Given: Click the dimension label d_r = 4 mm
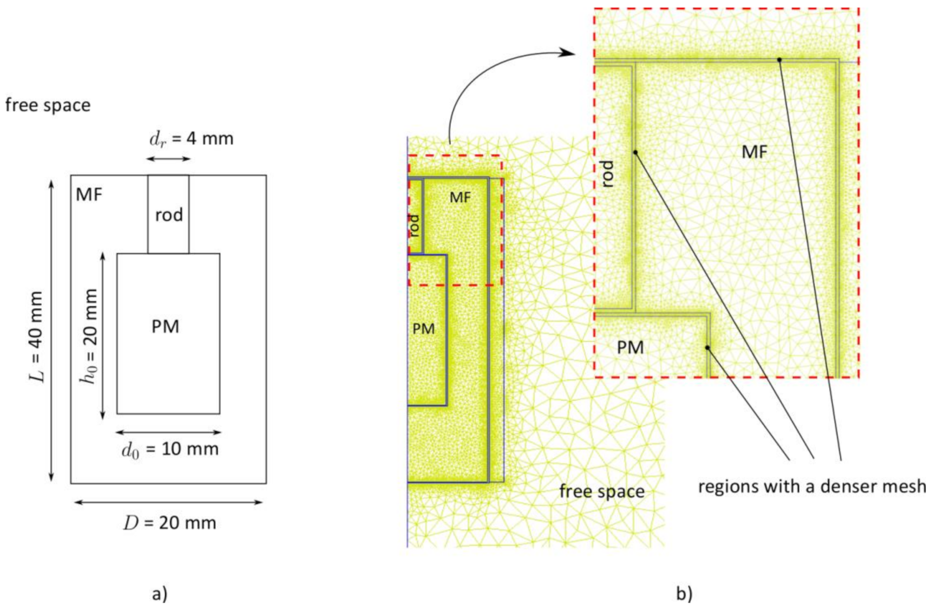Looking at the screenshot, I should click(x=191, y=139).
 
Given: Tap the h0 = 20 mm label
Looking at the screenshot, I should click(x=89, y=336).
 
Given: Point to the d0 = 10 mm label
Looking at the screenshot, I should click(x=170, y=449).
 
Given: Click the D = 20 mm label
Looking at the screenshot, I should click(x=170, y=522).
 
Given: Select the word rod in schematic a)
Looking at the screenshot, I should click(x=169, y=215).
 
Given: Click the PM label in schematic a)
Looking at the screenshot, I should click(x=165, y=326).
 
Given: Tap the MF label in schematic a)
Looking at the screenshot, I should click(x=89, y=194).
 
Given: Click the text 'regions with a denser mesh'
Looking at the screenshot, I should click(x=812, y=486).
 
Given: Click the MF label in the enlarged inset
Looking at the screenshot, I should click(x=754, y=151).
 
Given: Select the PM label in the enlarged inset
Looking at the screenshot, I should click(x=630, y=347).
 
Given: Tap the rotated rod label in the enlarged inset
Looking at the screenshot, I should click(x=607, y=174).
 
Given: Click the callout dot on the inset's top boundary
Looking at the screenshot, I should click(x=779, y=59).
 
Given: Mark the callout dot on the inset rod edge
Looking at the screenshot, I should click(x=635, y=152).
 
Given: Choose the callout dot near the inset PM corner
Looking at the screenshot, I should click(x=708, y=347).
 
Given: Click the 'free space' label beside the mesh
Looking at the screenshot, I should click(x=602, y=492).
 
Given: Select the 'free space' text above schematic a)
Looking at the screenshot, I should click(x=48, y=105).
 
